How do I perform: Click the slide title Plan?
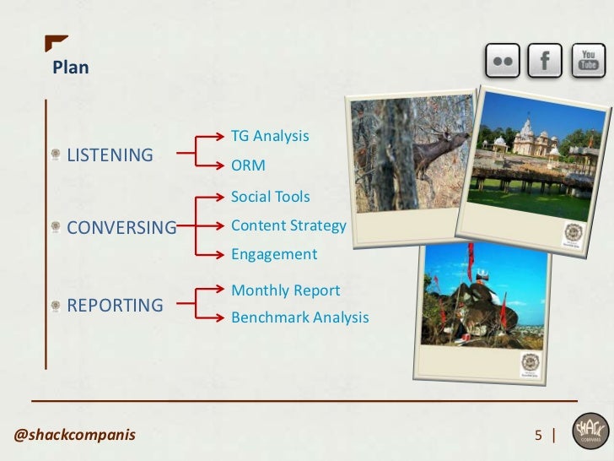(x=70, y=68)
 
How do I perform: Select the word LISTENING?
(x=110, y=155)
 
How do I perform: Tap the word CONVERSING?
(x=121, y=227)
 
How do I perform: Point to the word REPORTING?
(x=115, y=305)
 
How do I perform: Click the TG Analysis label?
(x=270, y=136)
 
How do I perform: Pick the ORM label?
(x=248, y=165)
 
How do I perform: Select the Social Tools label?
(x=270, y=198)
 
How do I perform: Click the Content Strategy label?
(x=288, y=225)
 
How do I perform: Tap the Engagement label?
(x=273, y=254)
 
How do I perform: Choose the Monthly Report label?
(x=285, y=290)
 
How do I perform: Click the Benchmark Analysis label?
(x=299, y=318)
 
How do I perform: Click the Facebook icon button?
(x=546, y=61)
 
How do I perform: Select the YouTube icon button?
(x=588, y=61)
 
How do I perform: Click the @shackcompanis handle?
(x=75, y=436)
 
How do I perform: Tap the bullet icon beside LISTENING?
(x=55, y=155)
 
